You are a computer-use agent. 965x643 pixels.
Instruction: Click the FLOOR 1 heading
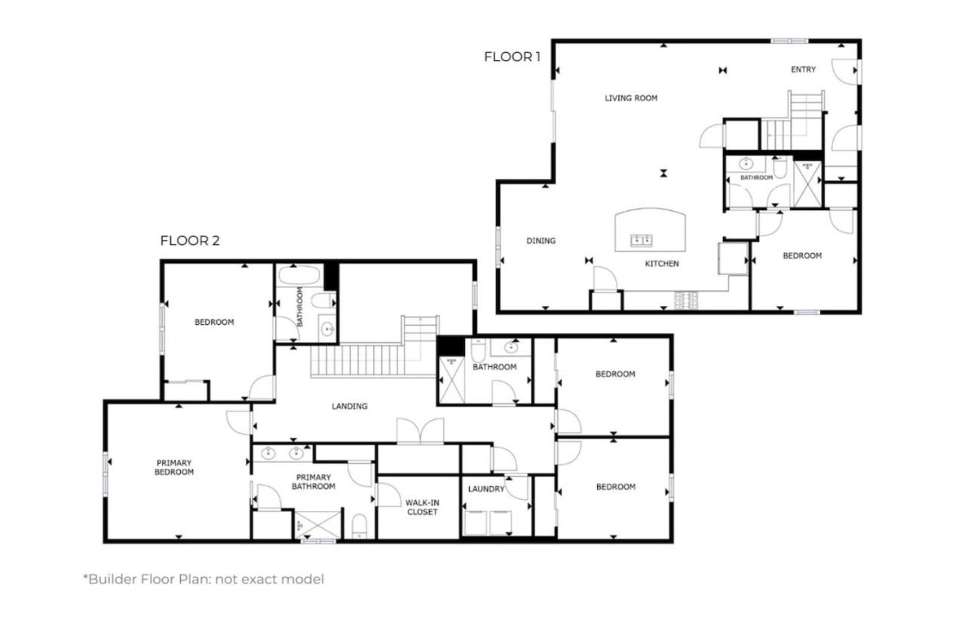[x=512, y=57]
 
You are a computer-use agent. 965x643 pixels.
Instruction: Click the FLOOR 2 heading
[x=190, y=240]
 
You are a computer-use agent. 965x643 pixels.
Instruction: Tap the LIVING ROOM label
[x=631, y=98]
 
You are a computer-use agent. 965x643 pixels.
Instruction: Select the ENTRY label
[x=804, y=69]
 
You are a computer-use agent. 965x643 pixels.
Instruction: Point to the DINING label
[x=541, y=240]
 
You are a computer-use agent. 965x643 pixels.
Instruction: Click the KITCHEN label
[x=662, y=264]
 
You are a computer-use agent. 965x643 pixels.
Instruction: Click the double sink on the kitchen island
[x=642, y=240]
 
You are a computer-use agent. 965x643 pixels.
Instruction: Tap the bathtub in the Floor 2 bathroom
[x=299, y=275]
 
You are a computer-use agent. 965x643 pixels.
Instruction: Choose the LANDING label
[x=350, y=406]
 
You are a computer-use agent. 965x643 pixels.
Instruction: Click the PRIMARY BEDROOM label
[x=174, y=467]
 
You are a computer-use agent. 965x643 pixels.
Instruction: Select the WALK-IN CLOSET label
[x=422, y=507]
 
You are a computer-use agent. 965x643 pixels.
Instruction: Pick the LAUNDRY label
[x=486, y=488]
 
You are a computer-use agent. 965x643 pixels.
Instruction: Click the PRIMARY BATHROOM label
[x=314, y=482]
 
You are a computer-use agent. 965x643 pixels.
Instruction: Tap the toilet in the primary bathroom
[x=360, y=526]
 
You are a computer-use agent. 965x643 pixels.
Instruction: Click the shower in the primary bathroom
[x=318, y=525]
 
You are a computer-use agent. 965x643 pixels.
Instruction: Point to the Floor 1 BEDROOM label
[x=802, y=256]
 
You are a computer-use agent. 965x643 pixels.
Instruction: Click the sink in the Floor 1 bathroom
[x=746, y=164]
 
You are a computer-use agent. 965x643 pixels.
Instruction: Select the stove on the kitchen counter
[x=686, y=300]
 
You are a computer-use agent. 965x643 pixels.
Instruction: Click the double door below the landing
[x=421, y=430]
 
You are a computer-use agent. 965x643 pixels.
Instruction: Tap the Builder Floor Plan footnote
[x=204, y=579]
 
